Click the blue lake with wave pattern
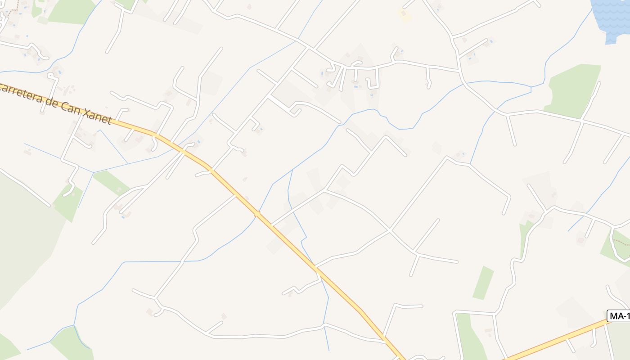[x=611, y=18]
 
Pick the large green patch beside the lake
[x=574, y=90]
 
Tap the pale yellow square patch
[x=405, y=14]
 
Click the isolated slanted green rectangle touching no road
[x=483, y=283]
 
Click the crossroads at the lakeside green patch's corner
[x=582, y=121]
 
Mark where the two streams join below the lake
[x=531, y=87]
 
